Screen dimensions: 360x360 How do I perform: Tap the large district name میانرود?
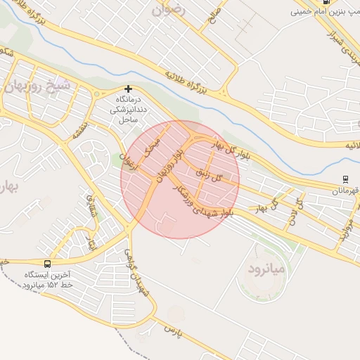click(x=264, y=269)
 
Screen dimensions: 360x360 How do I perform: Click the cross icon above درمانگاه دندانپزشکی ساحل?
click(x=128, y=89)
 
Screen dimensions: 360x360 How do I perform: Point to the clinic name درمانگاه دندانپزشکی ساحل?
click(x=128, y=110)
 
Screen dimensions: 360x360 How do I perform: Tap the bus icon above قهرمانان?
click(x=345, y=179)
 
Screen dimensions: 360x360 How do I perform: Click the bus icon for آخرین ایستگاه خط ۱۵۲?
click(x=47, y=264)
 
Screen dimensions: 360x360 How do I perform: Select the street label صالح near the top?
click(x=214, y=13)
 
